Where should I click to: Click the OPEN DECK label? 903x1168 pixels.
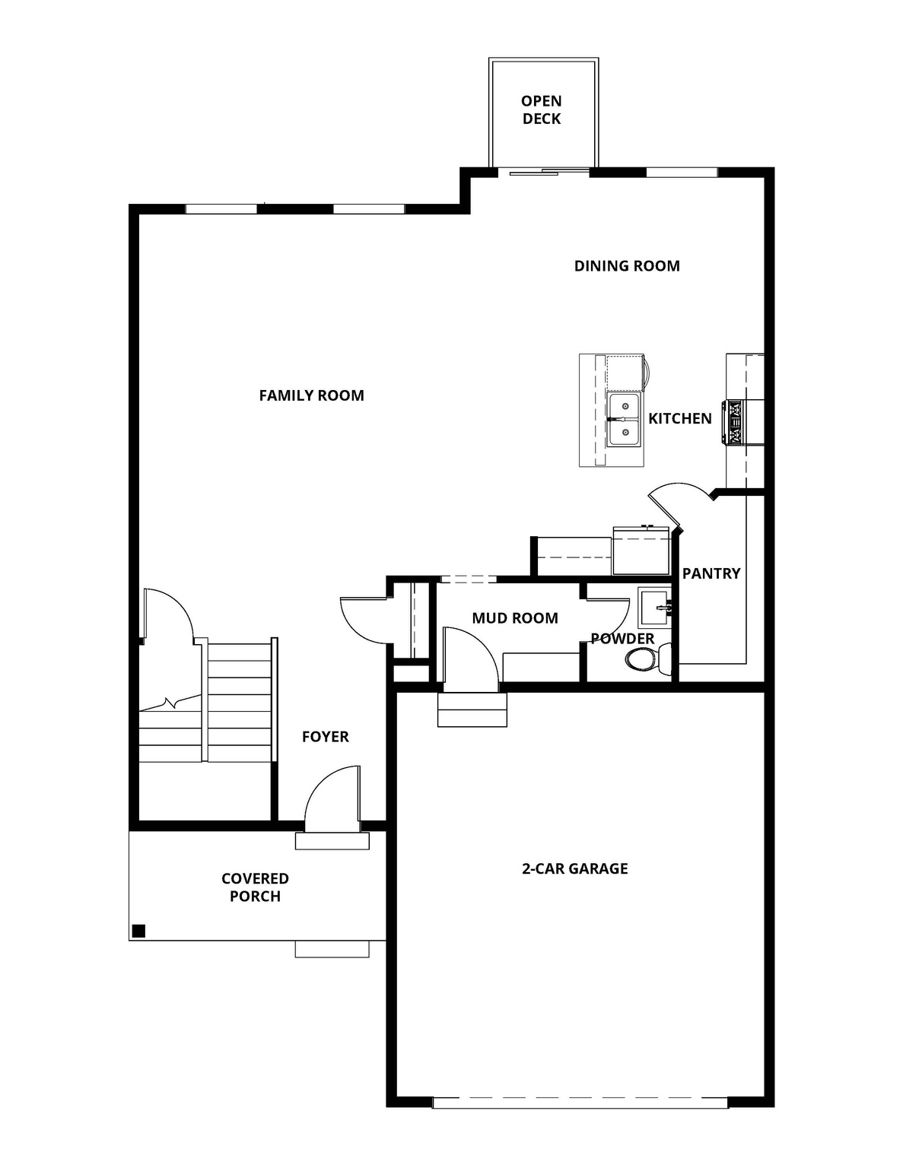point(541,110)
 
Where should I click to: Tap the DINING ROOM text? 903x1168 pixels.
point(627,266)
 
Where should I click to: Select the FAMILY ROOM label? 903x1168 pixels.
point(311,395)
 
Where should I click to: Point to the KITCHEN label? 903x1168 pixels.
point(679,419)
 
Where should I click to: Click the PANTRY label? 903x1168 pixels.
point(711,574)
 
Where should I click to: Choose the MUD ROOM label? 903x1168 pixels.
point(515,618)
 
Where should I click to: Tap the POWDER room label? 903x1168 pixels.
point(622,639)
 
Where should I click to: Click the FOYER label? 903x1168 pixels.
point(325,737)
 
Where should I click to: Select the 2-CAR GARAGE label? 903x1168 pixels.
point(574,868)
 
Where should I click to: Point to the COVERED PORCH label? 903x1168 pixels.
point(255,887)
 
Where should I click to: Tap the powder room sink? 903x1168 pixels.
point(654,608)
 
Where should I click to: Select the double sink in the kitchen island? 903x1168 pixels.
point(624,419)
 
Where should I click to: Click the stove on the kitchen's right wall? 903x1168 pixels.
point(735,423)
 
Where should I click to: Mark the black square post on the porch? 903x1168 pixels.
point(138,931)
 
